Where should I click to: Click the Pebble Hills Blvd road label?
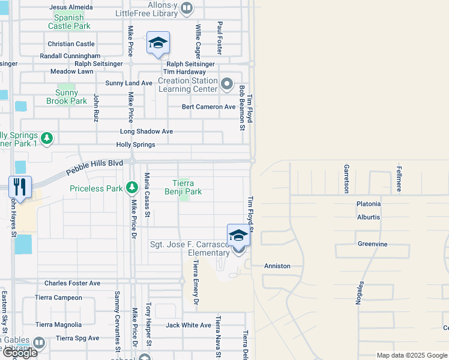(x=94, y=166)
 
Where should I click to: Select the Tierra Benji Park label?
(x=183, y=187)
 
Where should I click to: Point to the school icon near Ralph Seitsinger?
(x=158, y=43)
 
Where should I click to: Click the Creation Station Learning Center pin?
(x=226, y=84)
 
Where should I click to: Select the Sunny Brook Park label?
(x=67, y=97)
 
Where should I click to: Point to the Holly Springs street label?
(x=136, y=145)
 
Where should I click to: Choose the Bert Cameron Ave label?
(x=209, y=107)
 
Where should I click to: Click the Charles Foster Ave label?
(x=72, y=283)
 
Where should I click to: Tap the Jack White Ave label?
(x=188, y=325)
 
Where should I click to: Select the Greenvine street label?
(x=373, y=244)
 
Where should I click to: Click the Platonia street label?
(x=369, y=204)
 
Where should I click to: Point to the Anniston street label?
(x=277, y=266)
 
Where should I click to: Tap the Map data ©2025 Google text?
(x=411, y=355)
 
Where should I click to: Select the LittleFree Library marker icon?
(x=187, y=7)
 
